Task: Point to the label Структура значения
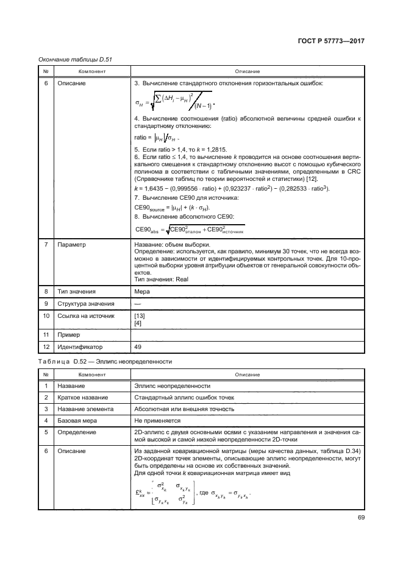(86, 303)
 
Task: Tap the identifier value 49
(138, 347)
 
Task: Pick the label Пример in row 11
(70, 335)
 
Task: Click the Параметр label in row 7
(72, 244)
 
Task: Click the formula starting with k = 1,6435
(231, 189)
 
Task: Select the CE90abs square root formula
(189, 229)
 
